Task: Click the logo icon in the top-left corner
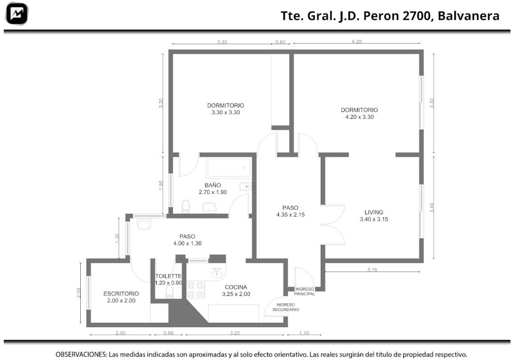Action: [x=17, y=14]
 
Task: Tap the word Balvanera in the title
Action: [x=468, y=16]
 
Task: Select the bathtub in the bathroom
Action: [x=229, y=168]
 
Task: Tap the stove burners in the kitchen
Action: [x=196, y=290]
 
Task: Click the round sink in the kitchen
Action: [x=217, y=273]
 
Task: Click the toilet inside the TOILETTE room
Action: [x=170, y=292]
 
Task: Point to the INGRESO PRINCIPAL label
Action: [x=304, y=291]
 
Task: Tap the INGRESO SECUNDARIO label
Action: [x=286, y=307]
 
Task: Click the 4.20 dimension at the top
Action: [x=356, y=42]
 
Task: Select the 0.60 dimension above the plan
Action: [x=280, y=42]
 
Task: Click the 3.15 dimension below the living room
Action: [x=372, y=269]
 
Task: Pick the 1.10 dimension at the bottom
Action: [x=304, y=333]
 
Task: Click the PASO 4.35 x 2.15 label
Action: [x=291, y=211]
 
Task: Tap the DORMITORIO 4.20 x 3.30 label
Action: [x=360, y=113]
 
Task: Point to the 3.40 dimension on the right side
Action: [x=432, y=208]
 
